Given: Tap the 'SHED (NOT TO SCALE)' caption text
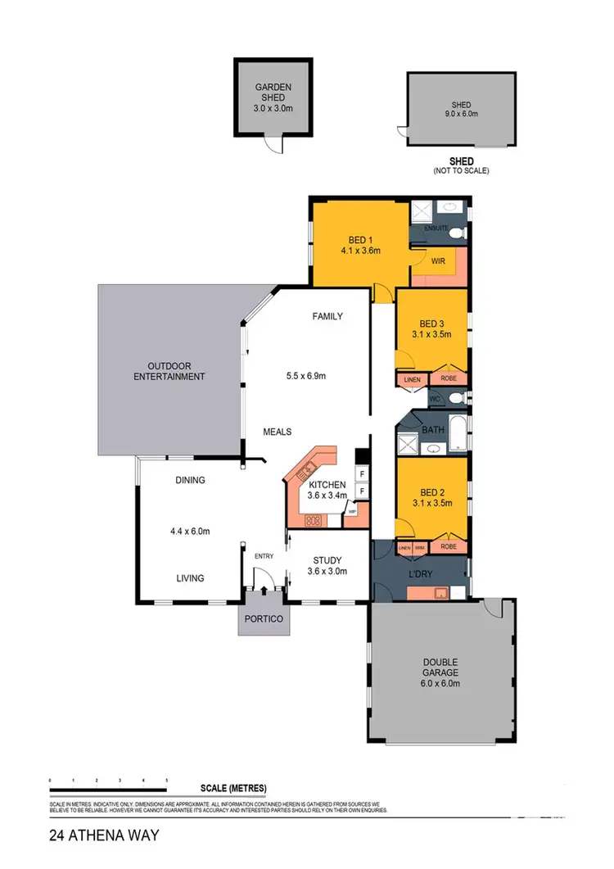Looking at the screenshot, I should pyautogui.click(x=462, y=166).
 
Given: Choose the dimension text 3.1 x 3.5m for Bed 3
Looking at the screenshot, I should pyautogui.click(x=431, y=334).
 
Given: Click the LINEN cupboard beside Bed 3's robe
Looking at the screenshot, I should pyautogui.click(x=412, y=379).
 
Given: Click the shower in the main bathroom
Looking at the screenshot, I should pyautogui.click(x=409, y=444).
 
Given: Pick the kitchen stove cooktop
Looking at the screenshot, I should pyautogui.click(x=312, y=519).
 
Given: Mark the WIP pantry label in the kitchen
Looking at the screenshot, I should pyautogui.click(x=352, y=511).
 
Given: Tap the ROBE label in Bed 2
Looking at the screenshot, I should pyautogui.click(x=448, y=546).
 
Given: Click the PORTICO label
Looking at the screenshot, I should pyautogui.click(x=264, y=619).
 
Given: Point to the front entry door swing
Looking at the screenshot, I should pyautogui.click(x=263, y=581).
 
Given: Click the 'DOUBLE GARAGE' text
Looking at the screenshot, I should pyautogui.click(x=440, y=668).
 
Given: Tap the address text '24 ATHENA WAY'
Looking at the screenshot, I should pyautogui.click(x=93, y=837).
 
